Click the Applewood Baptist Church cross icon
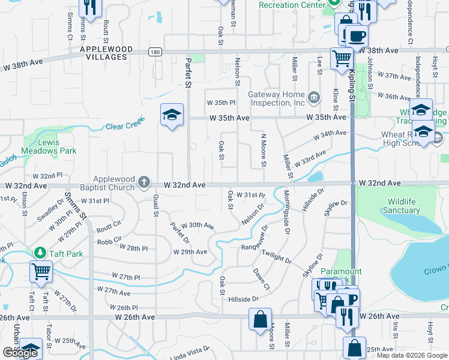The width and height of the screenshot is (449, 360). (143, 181)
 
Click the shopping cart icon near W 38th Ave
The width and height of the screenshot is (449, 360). (342, 59)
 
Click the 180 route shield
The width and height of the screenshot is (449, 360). (155, 52)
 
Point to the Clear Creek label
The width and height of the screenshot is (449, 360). (122, 127)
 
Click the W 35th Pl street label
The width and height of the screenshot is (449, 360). (221, 103)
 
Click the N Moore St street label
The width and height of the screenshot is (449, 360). (263, 150)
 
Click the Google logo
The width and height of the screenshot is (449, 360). (20, 353)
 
